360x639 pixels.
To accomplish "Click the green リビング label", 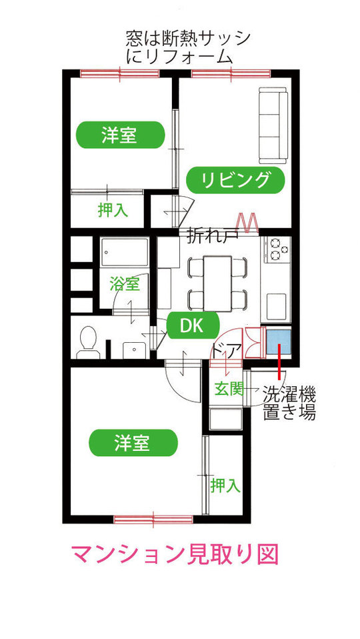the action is coord(235,179).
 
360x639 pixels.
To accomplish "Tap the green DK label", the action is coord(193,326).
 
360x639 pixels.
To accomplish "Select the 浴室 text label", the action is coord(125,284).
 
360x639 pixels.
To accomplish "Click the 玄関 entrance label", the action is coord(229,390).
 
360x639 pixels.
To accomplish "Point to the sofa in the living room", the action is coord(273,125).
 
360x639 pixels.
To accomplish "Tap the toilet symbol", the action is coord(89,342).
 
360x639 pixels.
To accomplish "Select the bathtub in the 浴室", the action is coord(125,252).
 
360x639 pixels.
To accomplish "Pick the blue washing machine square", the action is coord(279,342).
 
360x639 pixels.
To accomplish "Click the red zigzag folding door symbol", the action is coord(247,223).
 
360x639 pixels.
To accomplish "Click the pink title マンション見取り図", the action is coord(175,554).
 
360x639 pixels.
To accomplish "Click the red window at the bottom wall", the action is coord(153,519).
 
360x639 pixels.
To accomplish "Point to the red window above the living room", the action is coord(231,74).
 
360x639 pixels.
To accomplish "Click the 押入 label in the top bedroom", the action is coord(113,210).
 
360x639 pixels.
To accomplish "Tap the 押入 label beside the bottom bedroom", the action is coord(225,486).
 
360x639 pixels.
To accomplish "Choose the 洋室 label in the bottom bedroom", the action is coord(133,443).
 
